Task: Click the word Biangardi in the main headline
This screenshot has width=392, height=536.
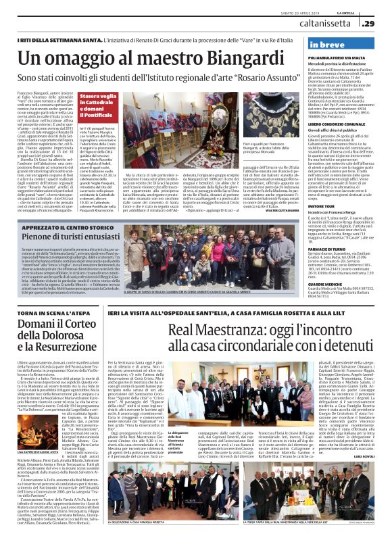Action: tap(216, 59)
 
